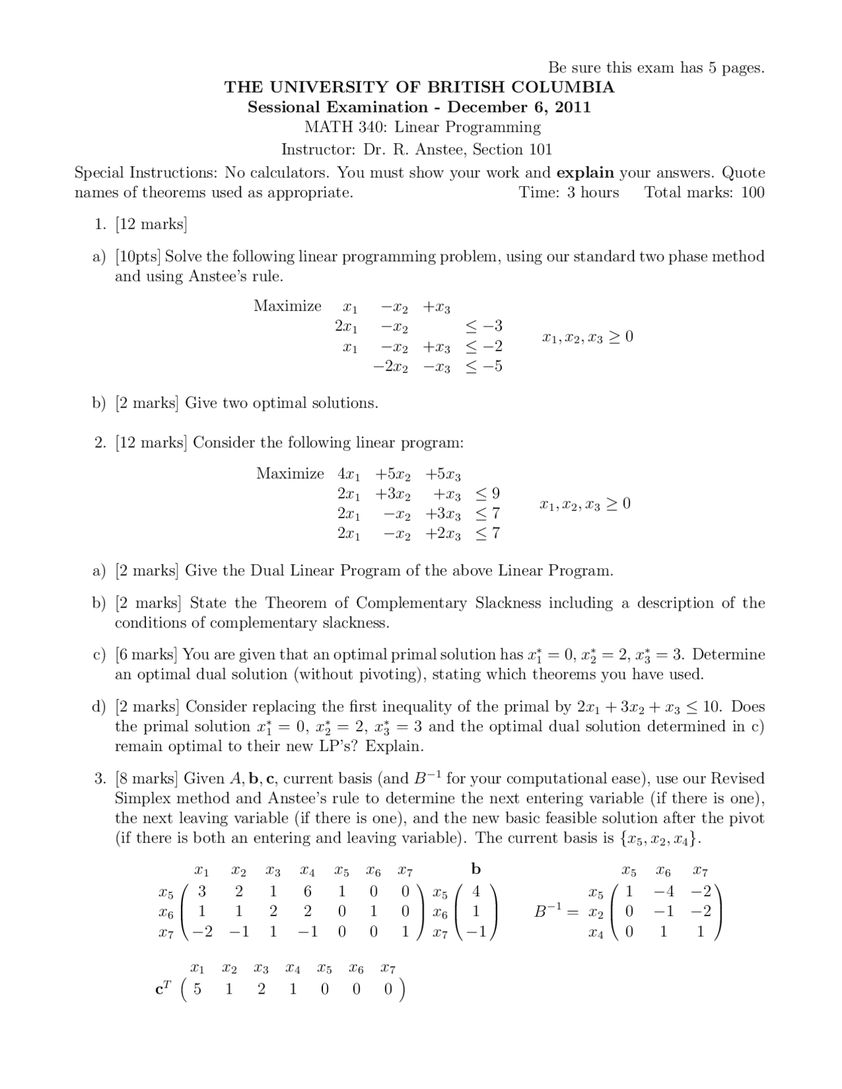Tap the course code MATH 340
pyautogui.click(x=345, y=128)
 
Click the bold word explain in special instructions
pyautogui.click(x=585, y=173)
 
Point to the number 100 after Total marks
pyautogui.click(x=752, y=193)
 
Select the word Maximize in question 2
pyautogui.click(x=290, y=473)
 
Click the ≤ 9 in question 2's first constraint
pyautogui.click(x=487, y=493)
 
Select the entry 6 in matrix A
pyautogui.click(x=307, y=892)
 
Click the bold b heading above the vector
pyautogui.click(x=476, y=869)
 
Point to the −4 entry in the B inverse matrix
pyautogui.click(x=663, y=892)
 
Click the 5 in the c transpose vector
pyautogui.click(x=197, y=989)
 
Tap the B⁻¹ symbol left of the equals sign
pyautogui.click(x=549, y=911)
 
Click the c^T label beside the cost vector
pyautogui.click(x=162, y=988)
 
